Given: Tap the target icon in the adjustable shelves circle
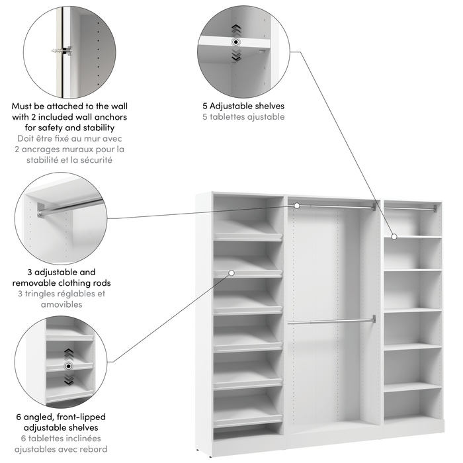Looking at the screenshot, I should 235,42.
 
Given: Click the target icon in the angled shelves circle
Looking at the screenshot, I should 68,366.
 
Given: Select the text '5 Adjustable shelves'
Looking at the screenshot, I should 243,105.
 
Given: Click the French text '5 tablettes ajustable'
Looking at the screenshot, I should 243,117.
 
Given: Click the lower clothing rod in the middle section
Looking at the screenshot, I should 331,321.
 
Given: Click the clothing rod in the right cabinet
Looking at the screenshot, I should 411,209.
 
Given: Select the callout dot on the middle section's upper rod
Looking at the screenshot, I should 297,206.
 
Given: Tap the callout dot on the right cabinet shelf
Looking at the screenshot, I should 394,235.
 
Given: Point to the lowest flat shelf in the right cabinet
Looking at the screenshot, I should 412,386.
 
